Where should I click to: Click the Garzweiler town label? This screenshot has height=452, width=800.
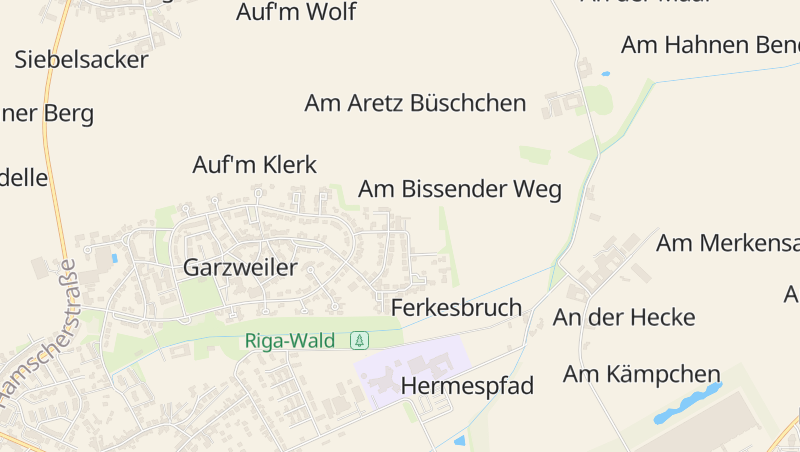pos(240,267)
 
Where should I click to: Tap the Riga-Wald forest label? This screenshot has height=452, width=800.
pos(290,341)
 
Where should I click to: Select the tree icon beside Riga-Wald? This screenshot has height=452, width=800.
pos(359,341)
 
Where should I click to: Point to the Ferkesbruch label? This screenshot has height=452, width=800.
pos(456,307)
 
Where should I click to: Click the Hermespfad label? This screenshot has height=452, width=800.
pos(467,386)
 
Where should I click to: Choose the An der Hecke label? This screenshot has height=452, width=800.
pos(624,318)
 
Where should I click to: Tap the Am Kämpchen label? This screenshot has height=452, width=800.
pos(641,374)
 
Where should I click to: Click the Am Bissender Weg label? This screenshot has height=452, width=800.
pos(460,189)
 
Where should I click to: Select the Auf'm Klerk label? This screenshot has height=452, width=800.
pos(254,165)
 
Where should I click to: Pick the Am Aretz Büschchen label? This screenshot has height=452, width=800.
pos(415,103)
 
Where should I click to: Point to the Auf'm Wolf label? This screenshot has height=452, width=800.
pos(296,13)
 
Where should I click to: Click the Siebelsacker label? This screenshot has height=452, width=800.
pos(81,59)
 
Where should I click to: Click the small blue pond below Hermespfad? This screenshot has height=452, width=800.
pos(459,440)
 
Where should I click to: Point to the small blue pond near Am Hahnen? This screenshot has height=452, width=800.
pos(605,74)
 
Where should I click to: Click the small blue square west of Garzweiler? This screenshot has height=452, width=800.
pos(115,258)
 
